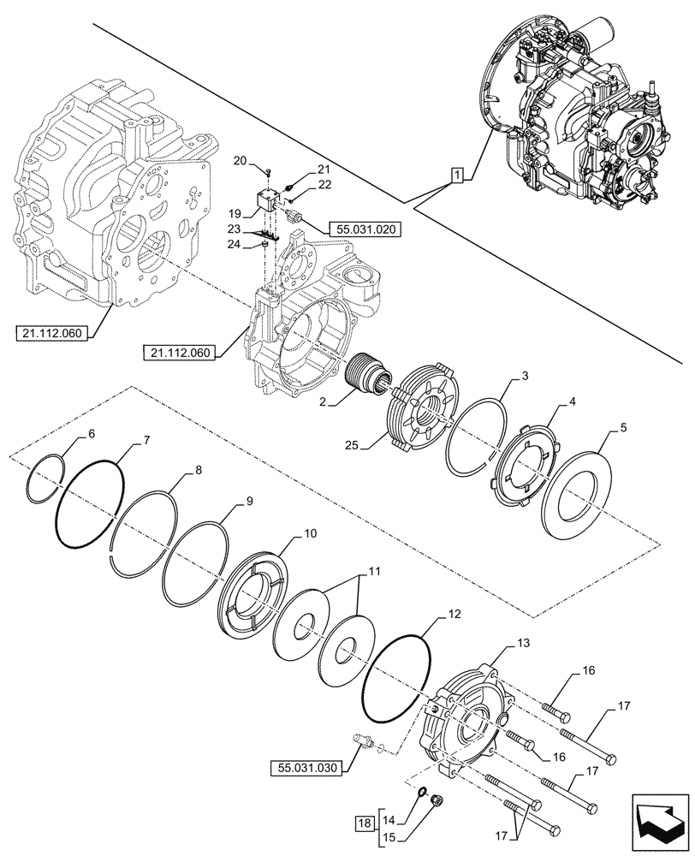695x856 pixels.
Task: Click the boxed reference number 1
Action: [459, 176]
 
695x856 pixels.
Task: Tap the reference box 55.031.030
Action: [309, 768]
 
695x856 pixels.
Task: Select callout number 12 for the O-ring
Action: [454, 615]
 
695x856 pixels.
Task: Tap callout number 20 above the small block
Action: [240, 161]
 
